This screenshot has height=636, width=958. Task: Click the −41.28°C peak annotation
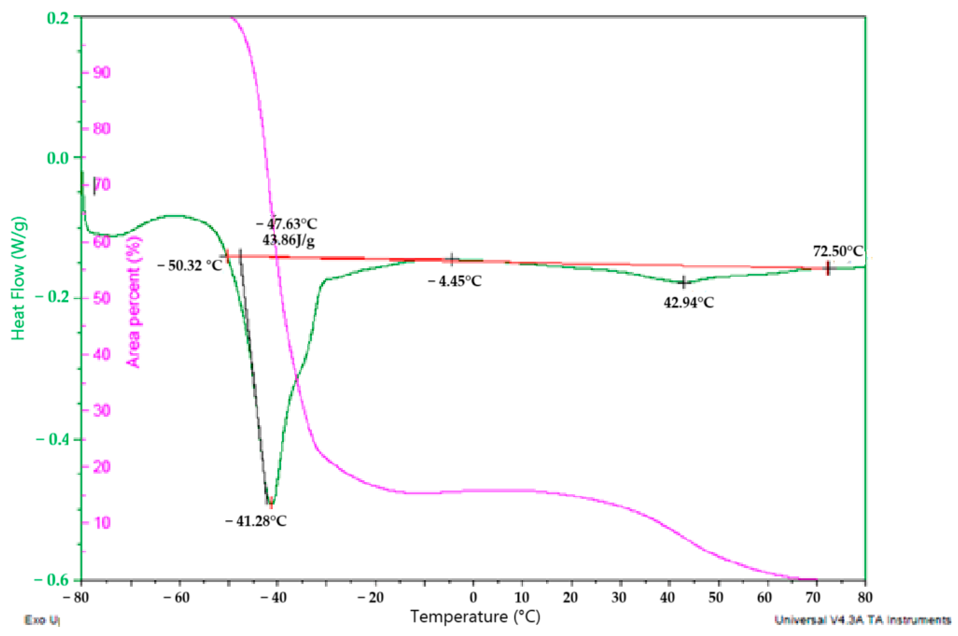tap(255, 521)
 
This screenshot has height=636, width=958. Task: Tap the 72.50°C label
tap(837, 251)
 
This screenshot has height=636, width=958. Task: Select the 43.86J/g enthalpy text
tap(288, 240)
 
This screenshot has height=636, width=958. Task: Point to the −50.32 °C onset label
tap(190, 266)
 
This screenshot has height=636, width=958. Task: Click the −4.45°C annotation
tap(454, 281)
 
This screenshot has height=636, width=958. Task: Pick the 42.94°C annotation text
tap(688, 302)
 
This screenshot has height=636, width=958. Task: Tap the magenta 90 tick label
tap(101, 73)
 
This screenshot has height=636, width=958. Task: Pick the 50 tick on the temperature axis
tap(716, 598)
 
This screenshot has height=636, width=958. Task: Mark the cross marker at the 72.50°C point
tap(827, 268)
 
